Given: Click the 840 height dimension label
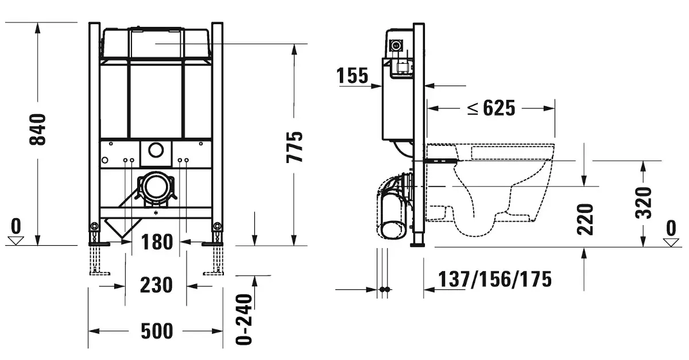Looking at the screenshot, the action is pyautogui.click(x=37, y=129).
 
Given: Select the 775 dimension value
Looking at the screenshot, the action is pyautogui.click(x=295, y=147).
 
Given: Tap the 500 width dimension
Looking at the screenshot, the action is pyautogui.click(x=157, y=331).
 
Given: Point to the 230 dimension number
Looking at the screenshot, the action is pyautogui.click(x=156, y=285).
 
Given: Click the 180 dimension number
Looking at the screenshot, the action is pyautogui.click(x=157, y=242).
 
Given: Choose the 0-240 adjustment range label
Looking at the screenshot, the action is pyautogui.click(x=244, y=319).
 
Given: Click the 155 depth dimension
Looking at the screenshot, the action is pyautogui.click(x=352, y=76).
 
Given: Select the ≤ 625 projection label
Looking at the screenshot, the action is pyautogui.click(x=491, y=108).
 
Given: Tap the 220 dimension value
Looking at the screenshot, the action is pyautogui.click(x=585, y=219).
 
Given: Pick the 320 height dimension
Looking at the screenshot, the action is pyautogui.click(x=644, y=203).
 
